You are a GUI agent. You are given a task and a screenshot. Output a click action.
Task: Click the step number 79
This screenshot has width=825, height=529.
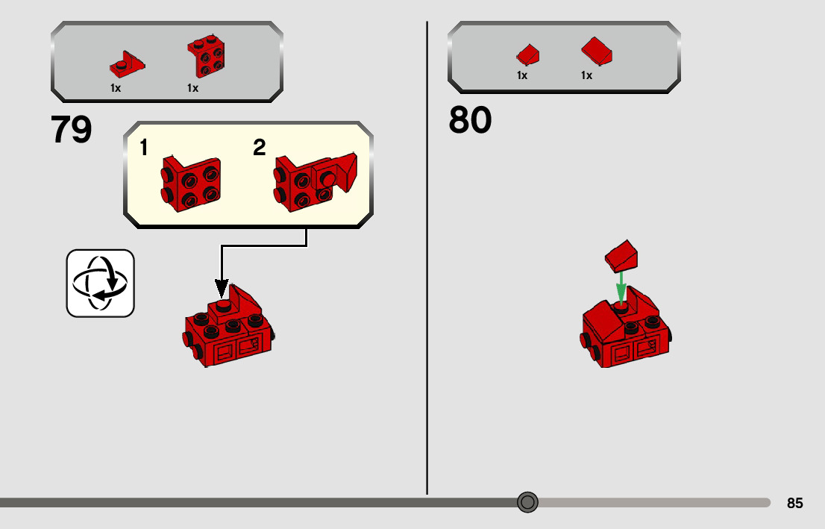point(72,131)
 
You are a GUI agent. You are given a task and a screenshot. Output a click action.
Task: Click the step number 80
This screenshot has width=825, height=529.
point(470,120)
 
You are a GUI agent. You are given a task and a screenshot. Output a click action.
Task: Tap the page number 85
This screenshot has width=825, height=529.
point(794,504)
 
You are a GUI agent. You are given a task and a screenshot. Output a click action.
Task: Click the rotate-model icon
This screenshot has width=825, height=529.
point(101,284)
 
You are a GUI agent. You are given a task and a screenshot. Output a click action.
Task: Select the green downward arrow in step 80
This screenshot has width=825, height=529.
point(621,287)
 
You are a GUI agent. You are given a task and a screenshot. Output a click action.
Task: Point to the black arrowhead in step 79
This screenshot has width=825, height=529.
point(222,288)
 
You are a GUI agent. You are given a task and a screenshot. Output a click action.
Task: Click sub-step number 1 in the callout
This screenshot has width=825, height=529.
point(144,148)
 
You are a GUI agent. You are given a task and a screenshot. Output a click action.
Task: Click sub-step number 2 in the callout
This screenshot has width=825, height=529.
point(259,148)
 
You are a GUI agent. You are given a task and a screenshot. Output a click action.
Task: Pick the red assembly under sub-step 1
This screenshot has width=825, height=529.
point(191,184)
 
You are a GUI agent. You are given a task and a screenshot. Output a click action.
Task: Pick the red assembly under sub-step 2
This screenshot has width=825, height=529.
point(314,181)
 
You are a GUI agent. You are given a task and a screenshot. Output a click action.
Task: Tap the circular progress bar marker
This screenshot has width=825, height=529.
point(527,502)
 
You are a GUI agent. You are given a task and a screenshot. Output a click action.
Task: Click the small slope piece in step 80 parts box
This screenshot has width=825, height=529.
point(527,54)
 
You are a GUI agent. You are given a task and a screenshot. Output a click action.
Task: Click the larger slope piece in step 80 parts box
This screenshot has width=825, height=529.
point(597,51)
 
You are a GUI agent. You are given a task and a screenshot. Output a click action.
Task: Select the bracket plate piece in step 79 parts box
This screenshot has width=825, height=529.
point(127,65)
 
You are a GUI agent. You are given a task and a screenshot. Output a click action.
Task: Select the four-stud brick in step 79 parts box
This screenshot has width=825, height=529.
point(207,57)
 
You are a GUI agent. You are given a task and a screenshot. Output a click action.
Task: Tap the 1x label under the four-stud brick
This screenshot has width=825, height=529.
point(192,88)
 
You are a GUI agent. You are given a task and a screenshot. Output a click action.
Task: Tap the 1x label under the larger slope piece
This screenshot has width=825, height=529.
point(586,75)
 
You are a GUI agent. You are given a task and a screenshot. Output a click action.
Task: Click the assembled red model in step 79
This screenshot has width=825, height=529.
point(229,328)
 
